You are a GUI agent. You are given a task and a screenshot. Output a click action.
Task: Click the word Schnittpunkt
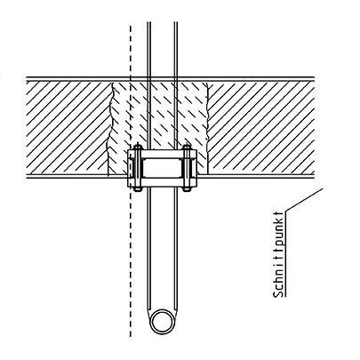278,254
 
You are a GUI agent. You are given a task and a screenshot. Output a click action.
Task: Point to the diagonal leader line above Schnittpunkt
304,200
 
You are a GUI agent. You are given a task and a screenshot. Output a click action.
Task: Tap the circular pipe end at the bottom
163,322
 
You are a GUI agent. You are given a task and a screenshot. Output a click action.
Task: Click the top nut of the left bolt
138,148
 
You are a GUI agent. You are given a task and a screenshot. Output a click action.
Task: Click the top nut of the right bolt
187,148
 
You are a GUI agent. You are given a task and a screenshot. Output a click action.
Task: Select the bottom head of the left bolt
137,189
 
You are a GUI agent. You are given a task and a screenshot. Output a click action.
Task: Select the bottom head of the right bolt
187,189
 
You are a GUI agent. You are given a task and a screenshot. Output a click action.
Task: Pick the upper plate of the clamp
162,154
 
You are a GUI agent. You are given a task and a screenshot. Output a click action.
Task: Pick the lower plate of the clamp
162,182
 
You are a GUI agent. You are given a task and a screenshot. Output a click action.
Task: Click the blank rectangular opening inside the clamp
162,168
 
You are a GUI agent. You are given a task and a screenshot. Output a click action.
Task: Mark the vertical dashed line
131,180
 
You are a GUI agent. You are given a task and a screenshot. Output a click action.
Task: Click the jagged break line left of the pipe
111,129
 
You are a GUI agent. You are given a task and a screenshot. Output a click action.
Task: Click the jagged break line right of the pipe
207,129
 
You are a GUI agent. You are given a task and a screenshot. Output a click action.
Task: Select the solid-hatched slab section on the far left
68,128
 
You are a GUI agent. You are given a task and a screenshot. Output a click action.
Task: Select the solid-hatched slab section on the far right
260,128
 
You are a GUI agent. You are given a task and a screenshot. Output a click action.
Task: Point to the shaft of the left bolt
138,168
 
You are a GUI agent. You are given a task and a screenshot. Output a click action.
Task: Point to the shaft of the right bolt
187,168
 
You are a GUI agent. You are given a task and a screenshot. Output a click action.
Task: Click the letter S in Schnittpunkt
279,293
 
